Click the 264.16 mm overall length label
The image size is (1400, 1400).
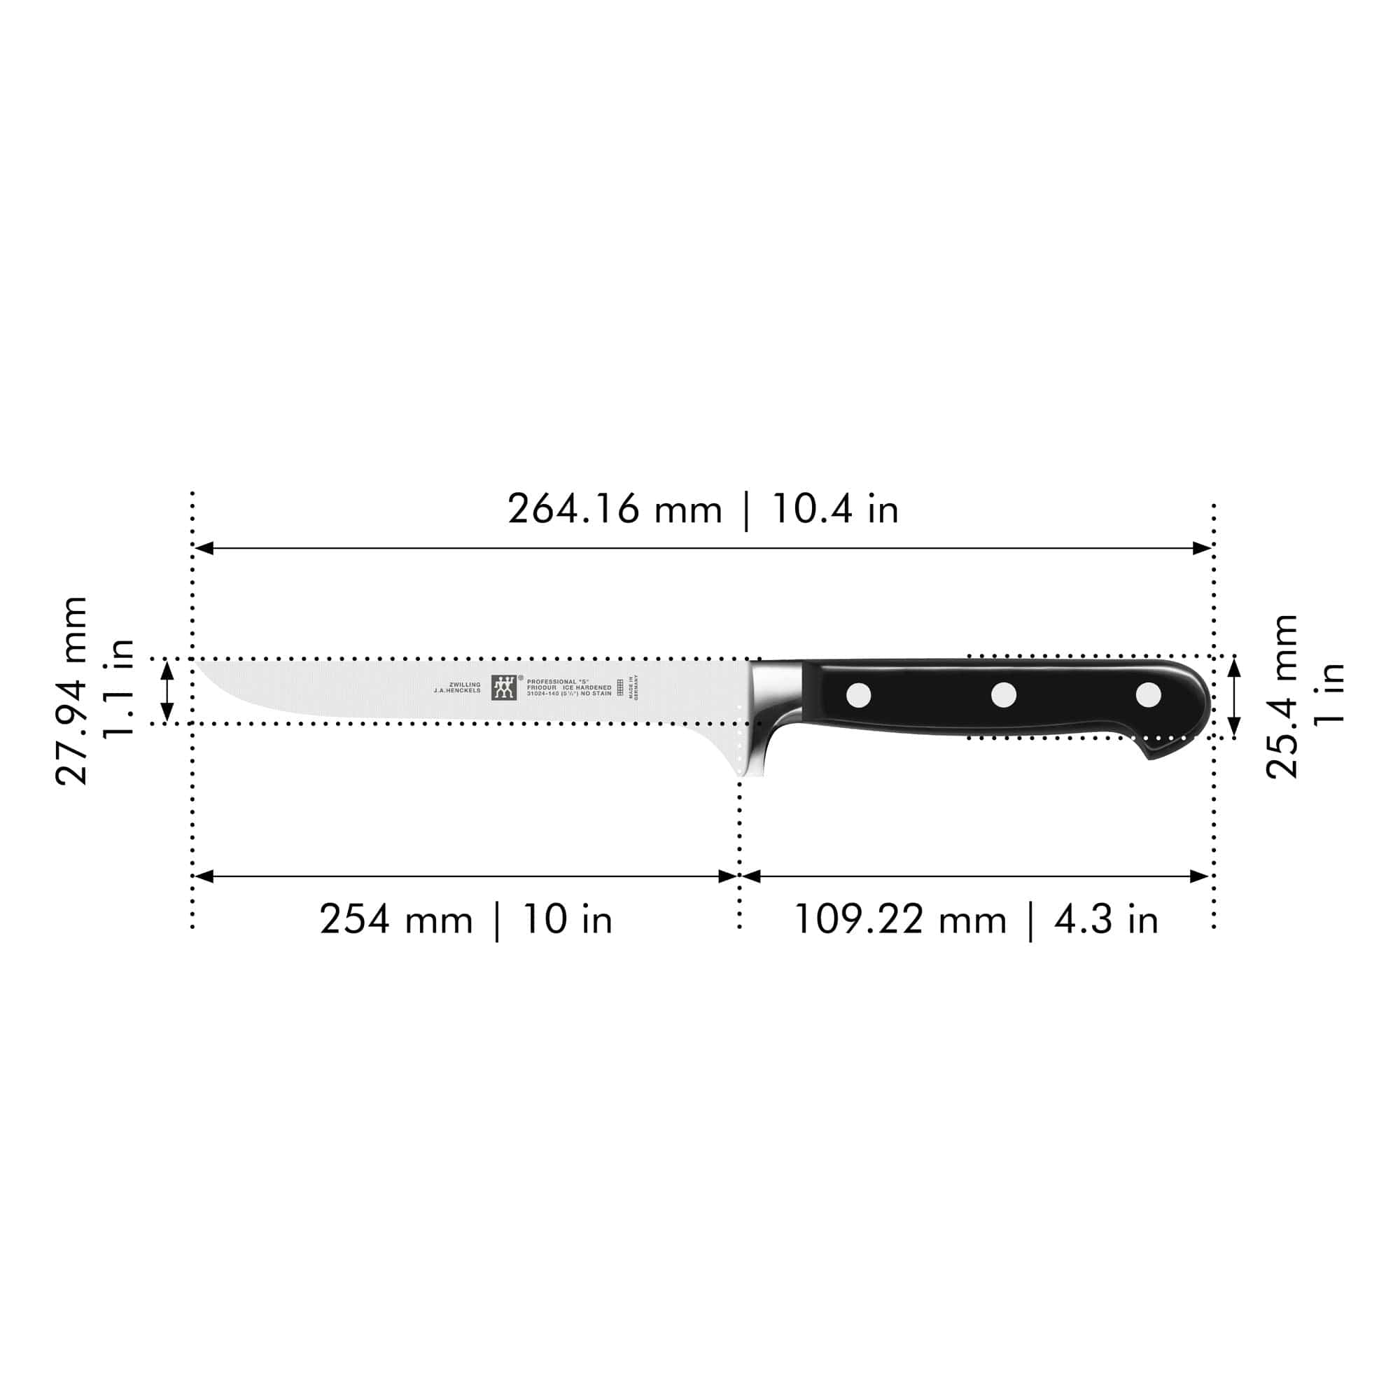615,510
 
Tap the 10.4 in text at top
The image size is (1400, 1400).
836,510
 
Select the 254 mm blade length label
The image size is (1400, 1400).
395,920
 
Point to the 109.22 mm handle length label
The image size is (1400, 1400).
900,920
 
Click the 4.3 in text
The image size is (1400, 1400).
1107,920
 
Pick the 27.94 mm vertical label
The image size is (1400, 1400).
71,692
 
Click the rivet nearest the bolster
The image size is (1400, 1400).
859,695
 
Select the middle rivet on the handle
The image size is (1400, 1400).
1004,695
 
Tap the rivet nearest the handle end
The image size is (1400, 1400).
1148,695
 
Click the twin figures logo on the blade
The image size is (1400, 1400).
504,687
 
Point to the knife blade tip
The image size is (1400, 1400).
200,662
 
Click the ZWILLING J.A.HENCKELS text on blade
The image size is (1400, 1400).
457,687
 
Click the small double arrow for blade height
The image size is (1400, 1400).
167,692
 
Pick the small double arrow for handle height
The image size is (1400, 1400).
1235,697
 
